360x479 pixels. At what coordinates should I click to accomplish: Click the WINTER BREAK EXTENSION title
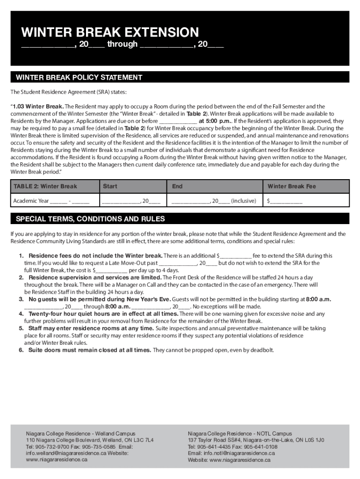point(110,32)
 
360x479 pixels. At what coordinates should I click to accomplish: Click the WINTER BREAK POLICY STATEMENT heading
point(79,77)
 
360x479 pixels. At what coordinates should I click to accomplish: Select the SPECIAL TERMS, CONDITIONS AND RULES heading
point(90,219)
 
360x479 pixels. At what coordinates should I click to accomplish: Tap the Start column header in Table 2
point(110,186)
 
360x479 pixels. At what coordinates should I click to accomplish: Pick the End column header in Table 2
point(177,186)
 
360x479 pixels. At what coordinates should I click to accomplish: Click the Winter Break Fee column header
point(292,186)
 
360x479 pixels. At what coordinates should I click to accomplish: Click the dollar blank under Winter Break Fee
point(285,201)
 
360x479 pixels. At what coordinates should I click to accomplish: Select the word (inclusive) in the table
point(244,201)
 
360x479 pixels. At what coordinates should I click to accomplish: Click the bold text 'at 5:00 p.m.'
point(215,121)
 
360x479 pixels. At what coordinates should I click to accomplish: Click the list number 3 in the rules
point(22,299)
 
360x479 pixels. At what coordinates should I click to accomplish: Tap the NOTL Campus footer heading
point(240,434)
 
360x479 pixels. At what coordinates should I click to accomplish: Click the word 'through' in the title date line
point(122,44)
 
